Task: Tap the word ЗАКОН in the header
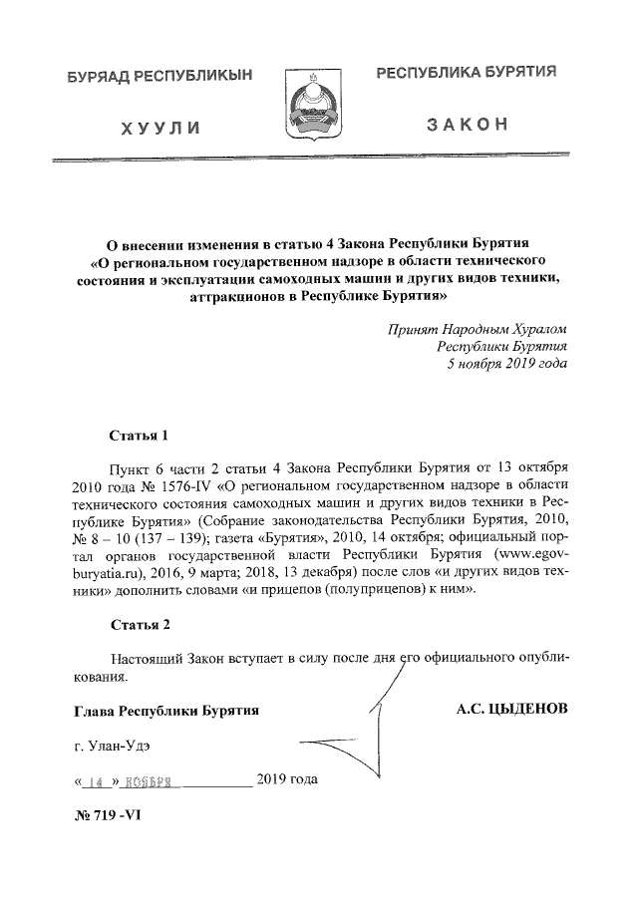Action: pyautogui.click(x=467, y=125)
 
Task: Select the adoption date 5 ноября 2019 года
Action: pyautogui.click(x=506, y=364)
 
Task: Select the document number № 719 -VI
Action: pyautogui.click(x=109, y=815)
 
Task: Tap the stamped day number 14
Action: pyautogui.click(x=97, y=782)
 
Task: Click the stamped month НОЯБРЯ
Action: pyautogui.click(x=151, y=782)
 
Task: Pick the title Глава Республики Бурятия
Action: pyautogui.click(x=165, y=711)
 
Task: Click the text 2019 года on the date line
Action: pyautogui.click(x=287, y=777)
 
